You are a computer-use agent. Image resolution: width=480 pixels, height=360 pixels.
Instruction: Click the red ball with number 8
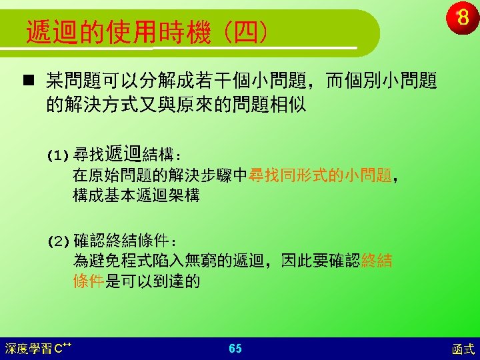463,17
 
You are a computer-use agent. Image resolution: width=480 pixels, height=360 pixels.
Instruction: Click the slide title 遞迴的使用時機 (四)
147,33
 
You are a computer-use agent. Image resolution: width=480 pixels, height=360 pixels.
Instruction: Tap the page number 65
235,349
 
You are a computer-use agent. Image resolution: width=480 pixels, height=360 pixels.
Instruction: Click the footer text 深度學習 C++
38,349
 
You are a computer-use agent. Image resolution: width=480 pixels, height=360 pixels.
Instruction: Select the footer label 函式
463,349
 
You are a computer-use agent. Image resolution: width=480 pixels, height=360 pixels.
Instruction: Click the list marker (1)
57,156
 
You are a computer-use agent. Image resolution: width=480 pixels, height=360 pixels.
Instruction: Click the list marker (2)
58,242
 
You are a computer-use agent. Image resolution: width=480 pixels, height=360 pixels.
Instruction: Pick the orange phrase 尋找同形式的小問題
320,175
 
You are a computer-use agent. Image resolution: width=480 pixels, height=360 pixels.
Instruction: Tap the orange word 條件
89,281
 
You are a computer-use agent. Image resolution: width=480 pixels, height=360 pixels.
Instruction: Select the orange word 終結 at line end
377,261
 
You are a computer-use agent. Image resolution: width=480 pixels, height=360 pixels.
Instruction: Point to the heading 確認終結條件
121,241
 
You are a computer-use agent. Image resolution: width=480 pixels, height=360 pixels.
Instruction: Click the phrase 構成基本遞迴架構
136,195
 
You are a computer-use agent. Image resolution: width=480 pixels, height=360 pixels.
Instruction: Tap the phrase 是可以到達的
153,281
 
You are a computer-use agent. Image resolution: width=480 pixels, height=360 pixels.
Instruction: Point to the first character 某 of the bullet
55,80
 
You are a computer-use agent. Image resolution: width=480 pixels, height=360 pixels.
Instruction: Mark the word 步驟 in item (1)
216,175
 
